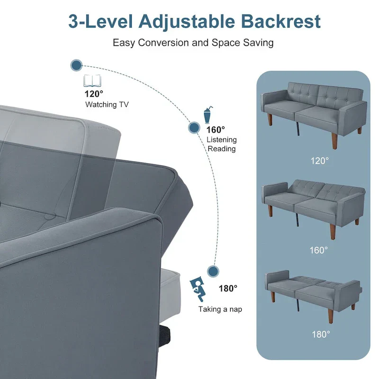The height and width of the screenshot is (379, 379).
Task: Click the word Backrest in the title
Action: click(280, 21)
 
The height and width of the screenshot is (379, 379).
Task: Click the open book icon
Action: click(92, 81)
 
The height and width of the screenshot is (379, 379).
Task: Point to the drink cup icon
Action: click(208, 115)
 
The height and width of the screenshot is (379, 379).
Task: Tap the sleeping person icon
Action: click(197, 289)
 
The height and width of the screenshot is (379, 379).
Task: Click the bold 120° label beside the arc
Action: click(94, 94)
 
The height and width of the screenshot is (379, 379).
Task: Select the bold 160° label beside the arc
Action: click(216, 130)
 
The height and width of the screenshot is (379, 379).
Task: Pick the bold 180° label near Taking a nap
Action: click(228, 289)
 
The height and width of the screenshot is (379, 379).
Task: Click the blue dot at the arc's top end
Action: click(76, 65)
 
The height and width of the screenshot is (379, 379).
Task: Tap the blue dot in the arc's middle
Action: click(194, 127)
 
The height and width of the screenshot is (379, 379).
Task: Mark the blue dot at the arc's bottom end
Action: click(213, 271)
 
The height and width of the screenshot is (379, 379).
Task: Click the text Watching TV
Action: click(107, 105)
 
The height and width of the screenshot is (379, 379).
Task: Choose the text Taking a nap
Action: click(220, 309)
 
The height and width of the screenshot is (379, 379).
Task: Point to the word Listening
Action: click(222, 140)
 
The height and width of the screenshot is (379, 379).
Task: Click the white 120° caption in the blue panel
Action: click(319, 161)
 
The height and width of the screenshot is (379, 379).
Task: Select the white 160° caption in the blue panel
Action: click(318, 250)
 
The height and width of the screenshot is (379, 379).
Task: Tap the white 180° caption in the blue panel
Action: click(321, 334)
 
